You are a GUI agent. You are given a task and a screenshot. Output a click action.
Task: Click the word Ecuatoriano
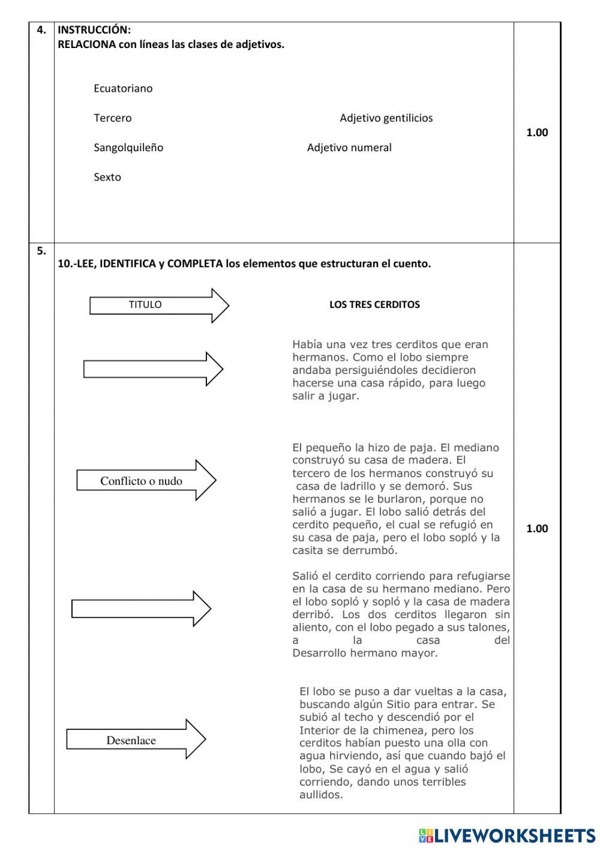123,88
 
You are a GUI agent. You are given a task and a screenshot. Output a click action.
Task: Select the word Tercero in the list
112,118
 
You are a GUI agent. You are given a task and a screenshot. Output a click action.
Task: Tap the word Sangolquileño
128,147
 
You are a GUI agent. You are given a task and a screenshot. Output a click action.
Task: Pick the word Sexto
107,177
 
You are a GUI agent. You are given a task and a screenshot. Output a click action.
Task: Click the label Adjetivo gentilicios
386,118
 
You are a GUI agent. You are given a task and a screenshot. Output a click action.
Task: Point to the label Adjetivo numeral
349,147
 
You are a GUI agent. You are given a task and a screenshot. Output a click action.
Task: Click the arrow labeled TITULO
158,305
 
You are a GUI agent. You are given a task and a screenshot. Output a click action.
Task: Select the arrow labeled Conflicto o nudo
145,481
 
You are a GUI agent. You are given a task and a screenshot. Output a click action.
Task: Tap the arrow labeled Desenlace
136,740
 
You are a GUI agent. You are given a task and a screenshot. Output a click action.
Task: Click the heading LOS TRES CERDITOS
374,304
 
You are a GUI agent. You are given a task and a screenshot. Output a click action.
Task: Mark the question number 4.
41,30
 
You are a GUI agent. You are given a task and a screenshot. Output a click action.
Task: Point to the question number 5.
41,251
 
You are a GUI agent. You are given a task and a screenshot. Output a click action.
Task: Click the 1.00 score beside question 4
537,133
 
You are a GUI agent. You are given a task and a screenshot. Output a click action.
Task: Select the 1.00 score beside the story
537,528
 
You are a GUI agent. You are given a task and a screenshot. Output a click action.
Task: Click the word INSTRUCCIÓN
94,30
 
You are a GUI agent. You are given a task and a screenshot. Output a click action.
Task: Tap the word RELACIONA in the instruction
86,44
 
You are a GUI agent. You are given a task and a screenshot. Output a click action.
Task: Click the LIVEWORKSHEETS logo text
515,835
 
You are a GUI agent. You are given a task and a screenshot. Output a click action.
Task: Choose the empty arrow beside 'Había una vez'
152,368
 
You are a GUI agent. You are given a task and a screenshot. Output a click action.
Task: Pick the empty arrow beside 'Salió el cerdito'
140,609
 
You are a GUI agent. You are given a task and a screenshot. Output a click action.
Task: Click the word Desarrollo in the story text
319,653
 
